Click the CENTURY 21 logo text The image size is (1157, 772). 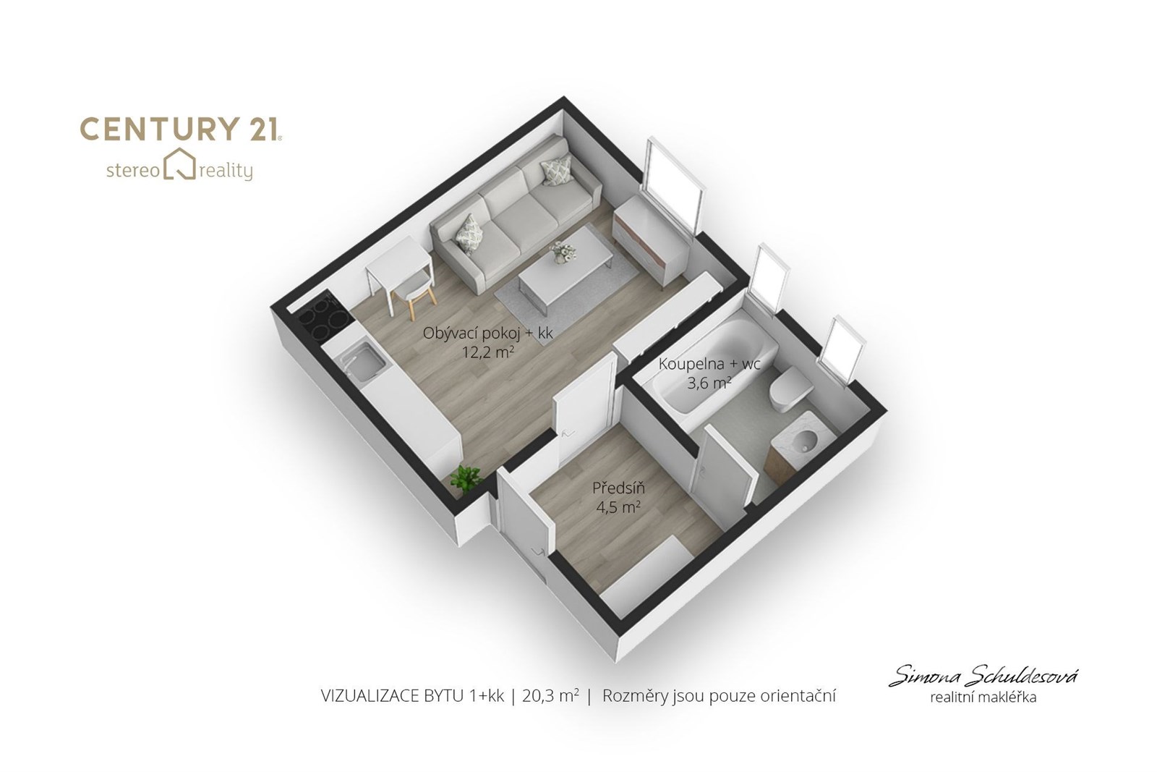181,130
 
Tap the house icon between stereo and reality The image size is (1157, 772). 180,164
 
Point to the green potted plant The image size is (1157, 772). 466,478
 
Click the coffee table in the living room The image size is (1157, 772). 565,268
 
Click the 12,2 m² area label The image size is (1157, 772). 487,353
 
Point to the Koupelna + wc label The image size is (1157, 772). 709,364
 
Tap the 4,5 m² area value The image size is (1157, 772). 618,507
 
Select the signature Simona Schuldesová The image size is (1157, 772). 983,675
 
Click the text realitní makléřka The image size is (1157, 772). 983,697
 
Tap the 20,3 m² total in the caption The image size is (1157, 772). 550,696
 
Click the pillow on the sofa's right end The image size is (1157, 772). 556,170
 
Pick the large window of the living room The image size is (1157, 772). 673,185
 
